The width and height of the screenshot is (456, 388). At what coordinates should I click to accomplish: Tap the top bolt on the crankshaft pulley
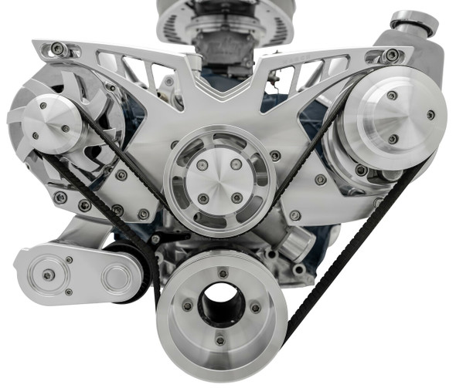point(221,272)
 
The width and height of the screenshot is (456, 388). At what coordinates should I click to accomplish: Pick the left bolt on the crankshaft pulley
point(186,306)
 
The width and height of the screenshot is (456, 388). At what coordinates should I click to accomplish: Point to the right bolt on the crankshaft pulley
point(255,308)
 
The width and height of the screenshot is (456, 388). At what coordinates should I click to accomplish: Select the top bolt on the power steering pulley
point(392,95)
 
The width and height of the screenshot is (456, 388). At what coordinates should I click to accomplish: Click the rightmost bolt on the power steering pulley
point(430,114)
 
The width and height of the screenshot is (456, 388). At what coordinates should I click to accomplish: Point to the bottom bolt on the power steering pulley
point(393,139)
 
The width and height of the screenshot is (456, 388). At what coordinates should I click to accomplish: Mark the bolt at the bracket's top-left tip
point(58,49)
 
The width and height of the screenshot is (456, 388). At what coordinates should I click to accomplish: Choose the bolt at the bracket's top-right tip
point(393,55)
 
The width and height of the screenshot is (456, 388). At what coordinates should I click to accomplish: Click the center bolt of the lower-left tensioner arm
point(49,275)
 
